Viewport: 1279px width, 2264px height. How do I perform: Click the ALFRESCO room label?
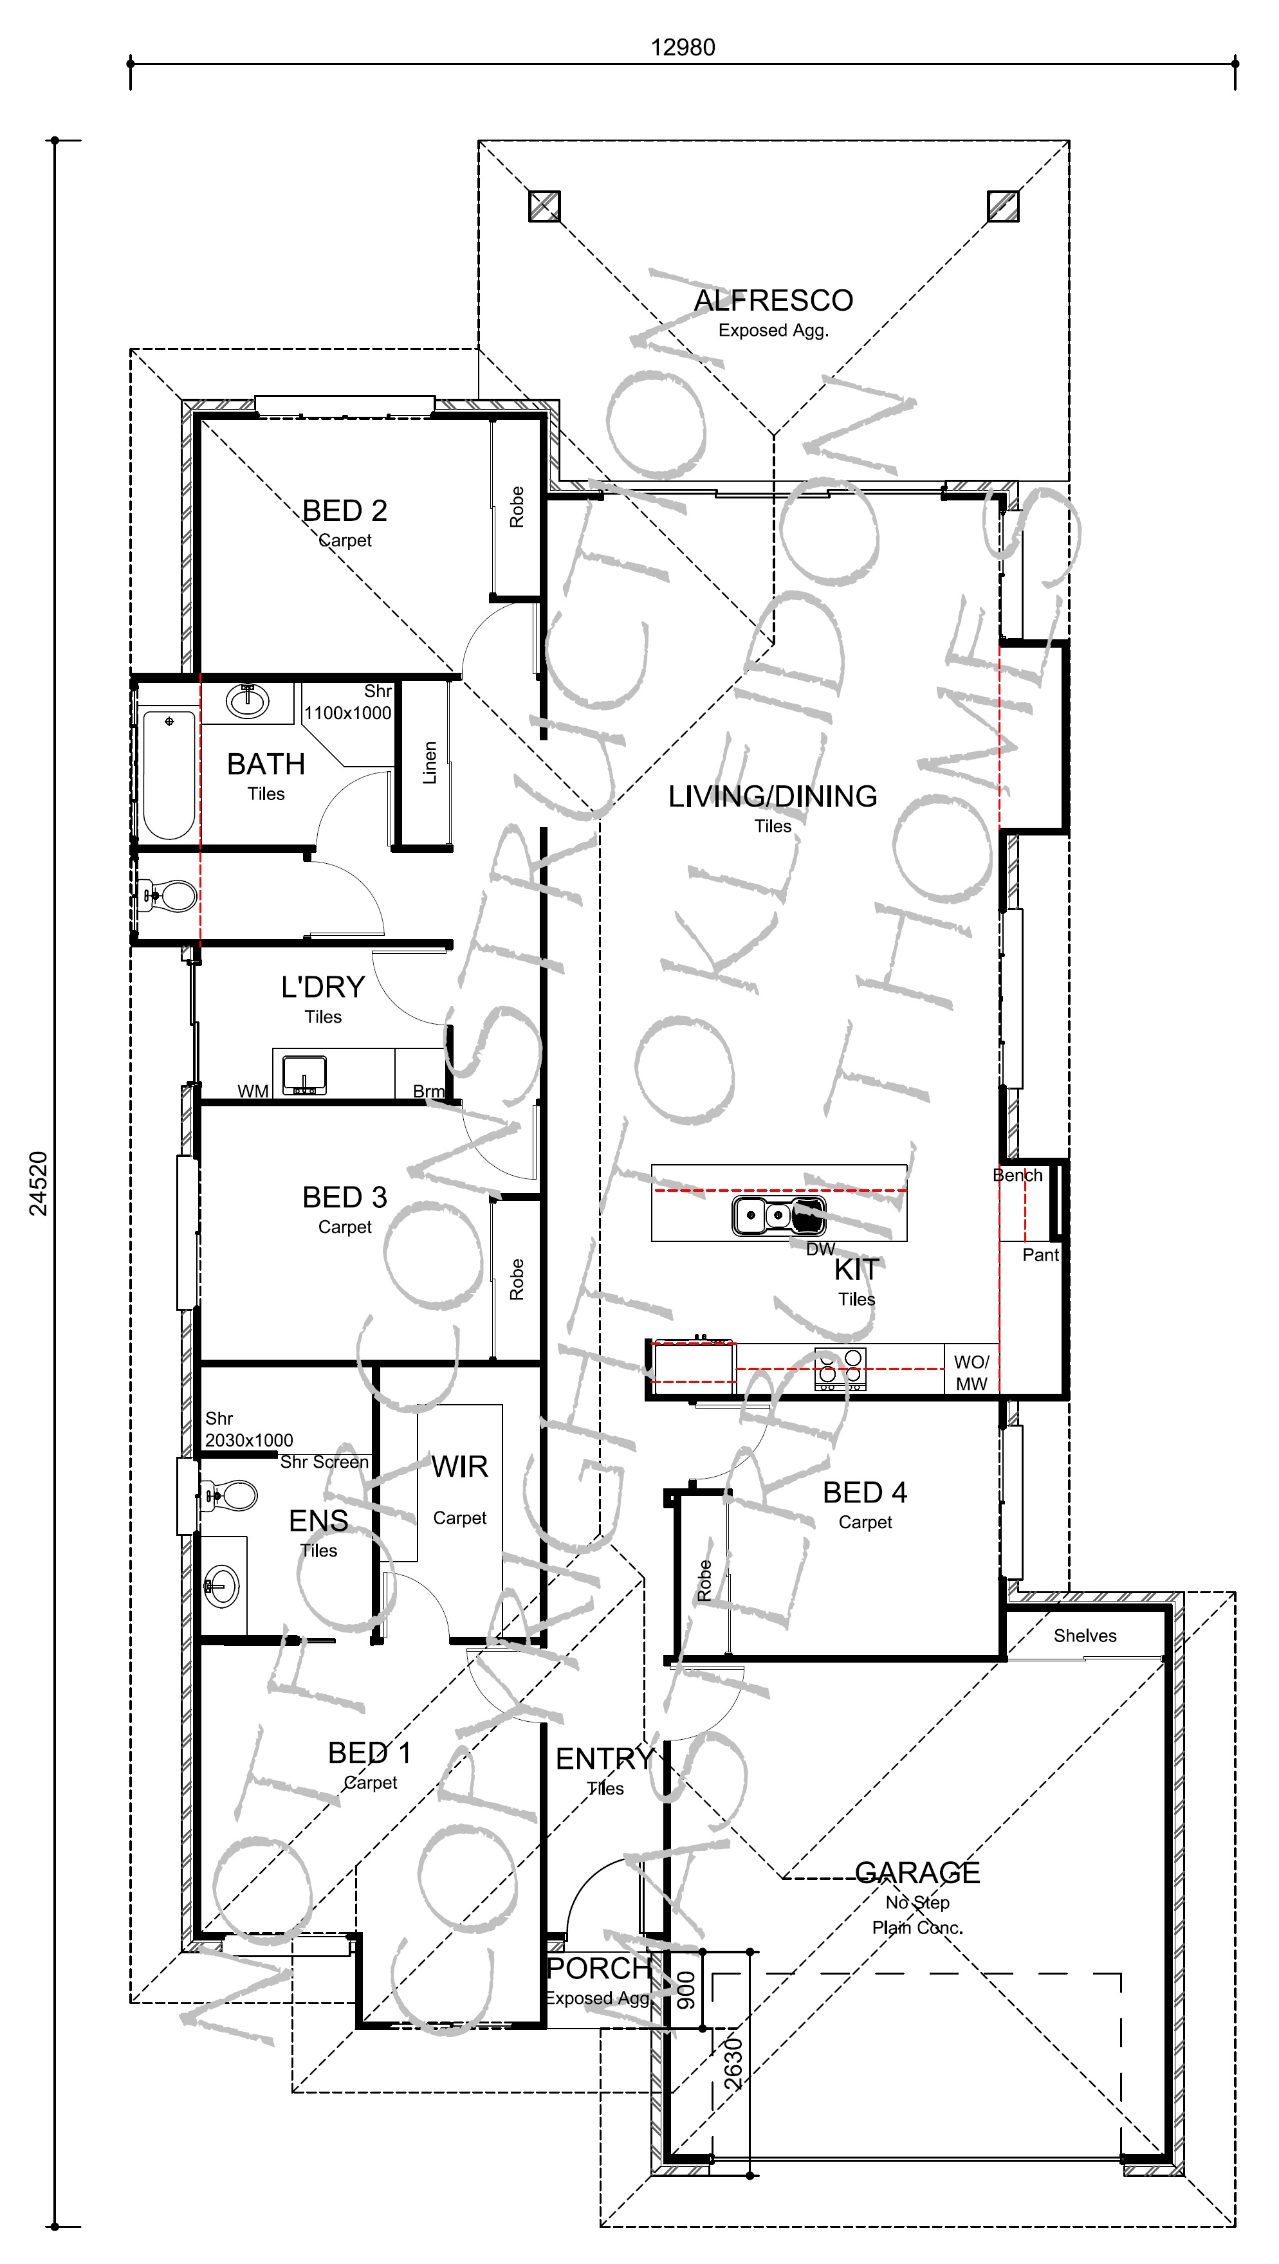773,300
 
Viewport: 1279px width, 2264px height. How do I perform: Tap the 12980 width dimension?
683,48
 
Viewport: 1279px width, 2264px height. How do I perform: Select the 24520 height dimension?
39,1184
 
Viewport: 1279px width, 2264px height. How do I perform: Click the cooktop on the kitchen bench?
840,1369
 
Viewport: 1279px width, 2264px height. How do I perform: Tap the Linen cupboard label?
430,763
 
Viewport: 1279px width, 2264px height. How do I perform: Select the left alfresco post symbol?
544,206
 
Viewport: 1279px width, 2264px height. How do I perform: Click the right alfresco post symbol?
1003,206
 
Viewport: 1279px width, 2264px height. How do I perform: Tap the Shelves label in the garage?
1085,1636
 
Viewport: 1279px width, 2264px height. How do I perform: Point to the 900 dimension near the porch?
686,1991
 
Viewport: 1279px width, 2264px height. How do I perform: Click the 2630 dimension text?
733,2063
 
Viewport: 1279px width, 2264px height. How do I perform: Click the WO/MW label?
971,1373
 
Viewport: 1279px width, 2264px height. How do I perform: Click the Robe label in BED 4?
704,1580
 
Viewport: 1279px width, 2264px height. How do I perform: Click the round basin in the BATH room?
248,700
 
